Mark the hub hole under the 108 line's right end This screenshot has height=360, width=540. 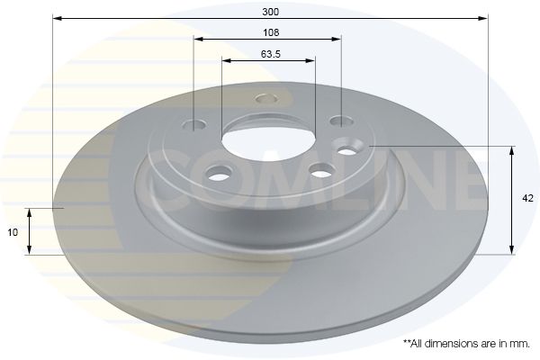(x=338, y=120)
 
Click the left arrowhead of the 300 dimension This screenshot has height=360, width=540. (x=57, y=18)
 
